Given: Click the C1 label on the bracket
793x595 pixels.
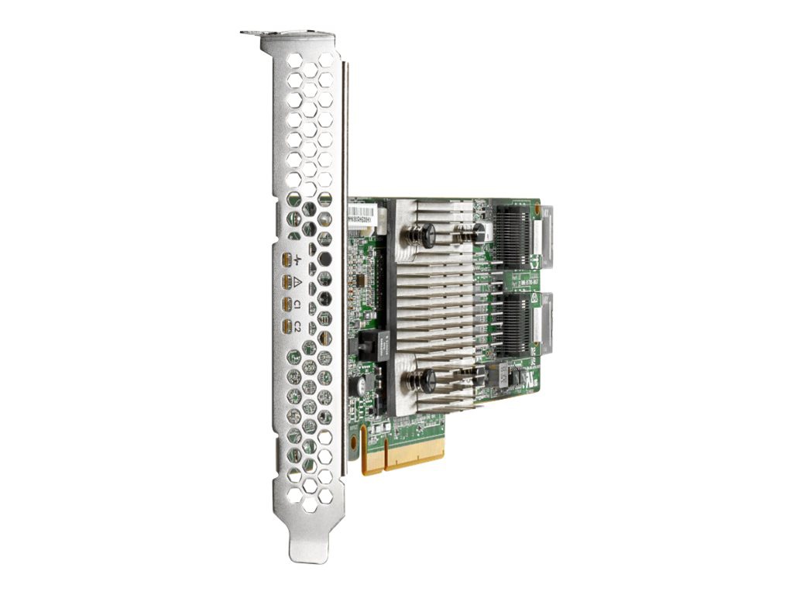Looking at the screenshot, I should tap(298, 305).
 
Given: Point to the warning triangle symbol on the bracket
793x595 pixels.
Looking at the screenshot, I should tap(298, 282).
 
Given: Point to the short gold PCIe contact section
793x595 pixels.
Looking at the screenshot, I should tap(373, 459).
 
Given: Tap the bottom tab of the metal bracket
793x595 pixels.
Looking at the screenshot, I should tap(304, 545).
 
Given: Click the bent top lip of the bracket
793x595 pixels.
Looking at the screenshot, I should tap(287, 34).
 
